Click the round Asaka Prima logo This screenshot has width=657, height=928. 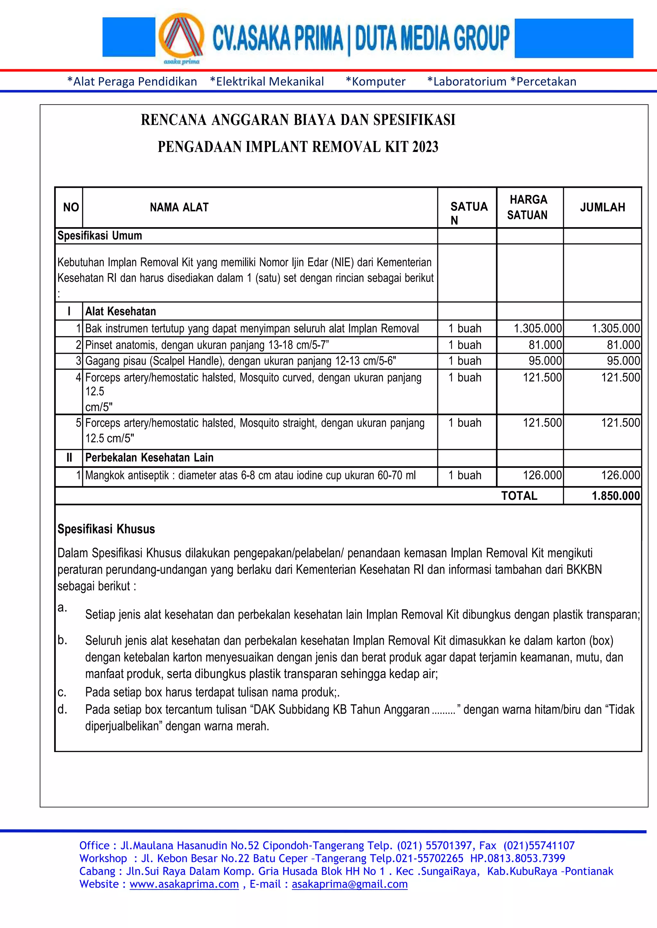pos(181,37)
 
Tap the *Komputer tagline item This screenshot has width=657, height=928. pos(375,82)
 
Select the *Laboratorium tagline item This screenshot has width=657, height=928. pos(466,82)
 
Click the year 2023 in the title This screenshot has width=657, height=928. pos(425,147)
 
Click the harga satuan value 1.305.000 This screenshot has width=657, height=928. pos(538,328)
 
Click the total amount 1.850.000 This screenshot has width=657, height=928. pos(615,496)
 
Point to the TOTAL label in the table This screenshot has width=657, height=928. pos(519,496)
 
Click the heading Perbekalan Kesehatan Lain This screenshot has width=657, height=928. pos(149,458)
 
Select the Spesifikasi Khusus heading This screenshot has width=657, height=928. pos(106,529)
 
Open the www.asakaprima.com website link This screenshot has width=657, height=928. pos(184,884)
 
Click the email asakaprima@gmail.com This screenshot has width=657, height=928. pos(350,884)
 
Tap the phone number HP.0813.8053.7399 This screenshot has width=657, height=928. pos(517,858)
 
